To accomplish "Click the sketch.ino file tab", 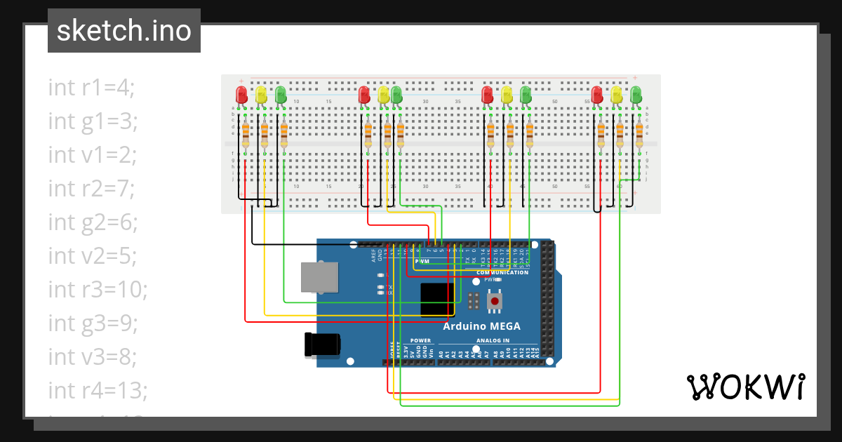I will coord(124,31).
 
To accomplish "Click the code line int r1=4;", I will coord(91,88).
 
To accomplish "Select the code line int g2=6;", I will coord(93,222).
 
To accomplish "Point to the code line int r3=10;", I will coord(98,289).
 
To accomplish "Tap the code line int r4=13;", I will coord(98,390).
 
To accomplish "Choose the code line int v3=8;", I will coord(93,356).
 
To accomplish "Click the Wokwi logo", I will coord(744,387).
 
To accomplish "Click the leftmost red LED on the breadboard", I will coord(241,95).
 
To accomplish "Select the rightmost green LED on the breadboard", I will coord(636,95).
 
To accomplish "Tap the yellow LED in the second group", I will coord(383,95).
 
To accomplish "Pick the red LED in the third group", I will coord(488,95).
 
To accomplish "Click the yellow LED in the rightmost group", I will coord(617,95).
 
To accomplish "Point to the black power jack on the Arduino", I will coord(322,344).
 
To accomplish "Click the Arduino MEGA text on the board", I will coord(481,326).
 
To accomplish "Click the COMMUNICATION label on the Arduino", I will coord(502,272).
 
